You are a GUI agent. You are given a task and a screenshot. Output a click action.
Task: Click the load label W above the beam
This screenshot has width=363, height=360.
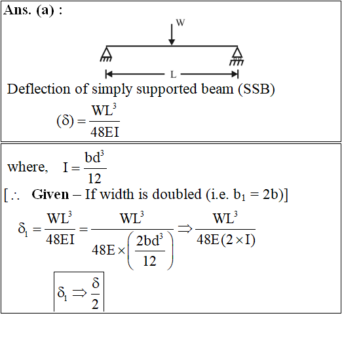(x=180, y=23)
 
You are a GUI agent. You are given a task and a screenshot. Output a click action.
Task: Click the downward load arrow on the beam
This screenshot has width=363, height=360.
(x=172, y=35)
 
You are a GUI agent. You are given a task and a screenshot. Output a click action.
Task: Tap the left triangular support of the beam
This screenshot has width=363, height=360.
(x=106, y=54)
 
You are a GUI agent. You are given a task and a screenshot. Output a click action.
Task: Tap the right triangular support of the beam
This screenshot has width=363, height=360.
(x=237, y=56)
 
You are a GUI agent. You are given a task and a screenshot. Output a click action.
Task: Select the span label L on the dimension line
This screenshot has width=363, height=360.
(x=173, y=75)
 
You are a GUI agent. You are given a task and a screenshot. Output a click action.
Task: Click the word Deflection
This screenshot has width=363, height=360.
(x=39, y=89)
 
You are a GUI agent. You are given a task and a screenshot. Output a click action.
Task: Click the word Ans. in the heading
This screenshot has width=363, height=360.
(x=17, y=10)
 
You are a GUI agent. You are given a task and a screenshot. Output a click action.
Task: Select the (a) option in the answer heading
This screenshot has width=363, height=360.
(x=45, y=10)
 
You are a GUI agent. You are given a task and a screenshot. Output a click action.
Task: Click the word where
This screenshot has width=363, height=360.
(x=28, y=167)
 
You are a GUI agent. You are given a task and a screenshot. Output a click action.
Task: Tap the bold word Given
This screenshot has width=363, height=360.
(x=50, y=194)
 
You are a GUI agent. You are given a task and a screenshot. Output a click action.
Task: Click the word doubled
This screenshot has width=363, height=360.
(x=177, y=194)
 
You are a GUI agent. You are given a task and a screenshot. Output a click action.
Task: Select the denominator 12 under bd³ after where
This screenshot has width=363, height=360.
(x=94, y=179)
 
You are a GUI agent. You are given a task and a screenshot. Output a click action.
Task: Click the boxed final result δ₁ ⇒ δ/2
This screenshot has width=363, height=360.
(x=79, y=293)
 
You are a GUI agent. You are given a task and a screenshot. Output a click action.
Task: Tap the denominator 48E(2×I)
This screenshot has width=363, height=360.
(x=226, y=240)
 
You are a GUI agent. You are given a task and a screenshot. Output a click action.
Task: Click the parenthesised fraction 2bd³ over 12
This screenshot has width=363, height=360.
(x=150, y=251)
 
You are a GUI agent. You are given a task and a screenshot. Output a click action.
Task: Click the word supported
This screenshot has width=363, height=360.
(x=166, y=90)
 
